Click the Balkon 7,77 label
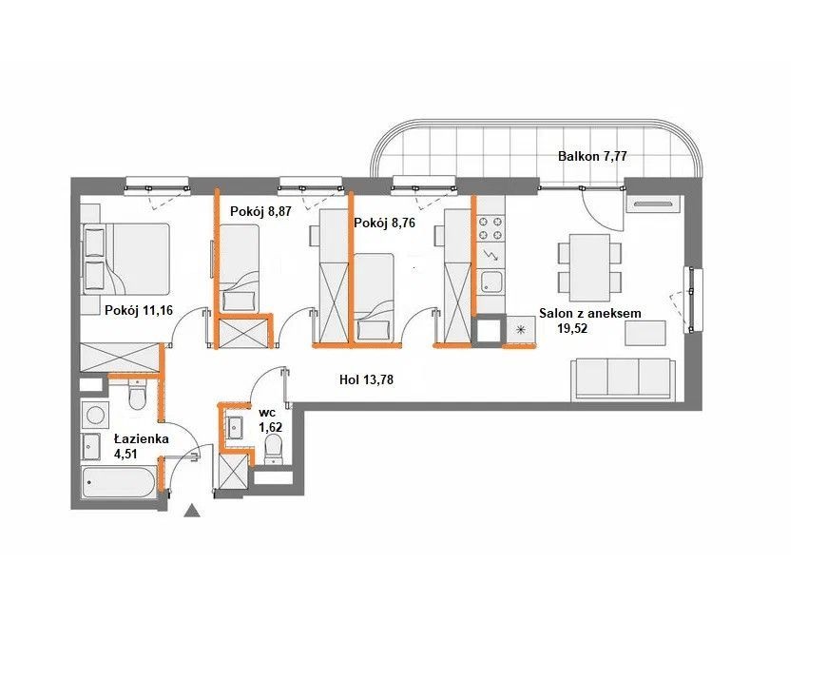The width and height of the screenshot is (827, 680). click(x=592, y=156)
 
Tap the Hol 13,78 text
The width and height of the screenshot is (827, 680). click(x=366, y=379)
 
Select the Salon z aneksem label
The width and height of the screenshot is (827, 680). click(x=589, y=313)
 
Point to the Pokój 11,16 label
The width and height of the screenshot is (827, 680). click(x=139, y=310)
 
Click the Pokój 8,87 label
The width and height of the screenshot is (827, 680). click(x=260, y=211)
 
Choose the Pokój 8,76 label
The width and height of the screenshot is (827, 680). click(x=384, y=223)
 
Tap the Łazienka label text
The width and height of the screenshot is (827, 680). click(x=142, y=439)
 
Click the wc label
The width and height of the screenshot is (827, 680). click(x=267, y=413)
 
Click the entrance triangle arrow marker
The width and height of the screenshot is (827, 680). click(x=193, y=510)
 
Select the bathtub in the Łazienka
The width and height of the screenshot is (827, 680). click(x=120, y=482)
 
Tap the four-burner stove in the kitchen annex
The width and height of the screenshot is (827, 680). click(x=490, y=227)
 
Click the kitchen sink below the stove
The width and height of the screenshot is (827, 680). click(x=491, y=282)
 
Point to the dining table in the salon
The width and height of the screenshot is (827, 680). click(x=589, y=266)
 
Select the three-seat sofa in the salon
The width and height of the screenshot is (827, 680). click(x=624, y=379)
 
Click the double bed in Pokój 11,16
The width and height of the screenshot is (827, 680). click(x=125, y=259)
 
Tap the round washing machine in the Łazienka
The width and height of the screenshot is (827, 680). click(x=95, y=414)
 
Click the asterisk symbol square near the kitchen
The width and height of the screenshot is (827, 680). click(x=521, y=330)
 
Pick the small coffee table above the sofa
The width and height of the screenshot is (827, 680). click(x=645, y=333)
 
